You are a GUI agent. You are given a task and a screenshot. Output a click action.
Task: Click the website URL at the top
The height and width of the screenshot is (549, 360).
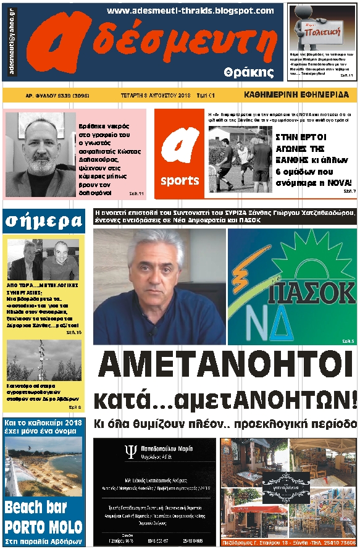[x=190, y=10]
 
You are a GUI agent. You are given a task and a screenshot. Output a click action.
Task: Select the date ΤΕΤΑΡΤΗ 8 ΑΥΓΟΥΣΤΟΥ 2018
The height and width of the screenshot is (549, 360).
[x=154, y=96]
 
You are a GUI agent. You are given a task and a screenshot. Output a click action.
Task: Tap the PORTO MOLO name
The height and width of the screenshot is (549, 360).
[x=43, y=527]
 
